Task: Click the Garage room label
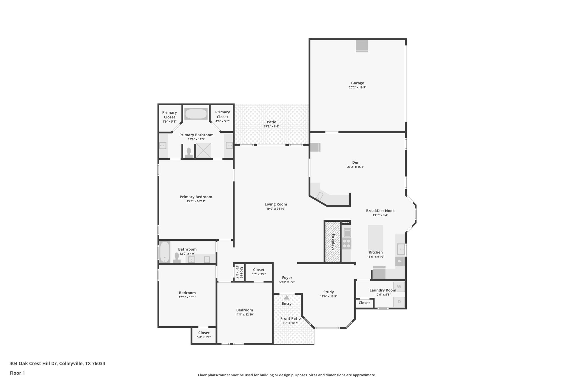click(357, 83)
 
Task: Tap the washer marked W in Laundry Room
click(399, 286)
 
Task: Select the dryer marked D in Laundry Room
click(399, 302)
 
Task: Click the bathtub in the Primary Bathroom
click(196, 114)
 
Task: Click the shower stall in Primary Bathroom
click(203, 151)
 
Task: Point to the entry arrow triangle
click(286, 297)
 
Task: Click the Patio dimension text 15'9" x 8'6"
click(271, 127)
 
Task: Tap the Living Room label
click(276, 204)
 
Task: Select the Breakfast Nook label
click(380, 211)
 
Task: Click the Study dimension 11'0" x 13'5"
click(328, 297)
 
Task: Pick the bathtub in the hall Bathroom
click(165, 252)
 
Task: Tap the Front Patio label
click(290, 318)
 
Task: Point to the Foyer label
click(287, 278)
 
